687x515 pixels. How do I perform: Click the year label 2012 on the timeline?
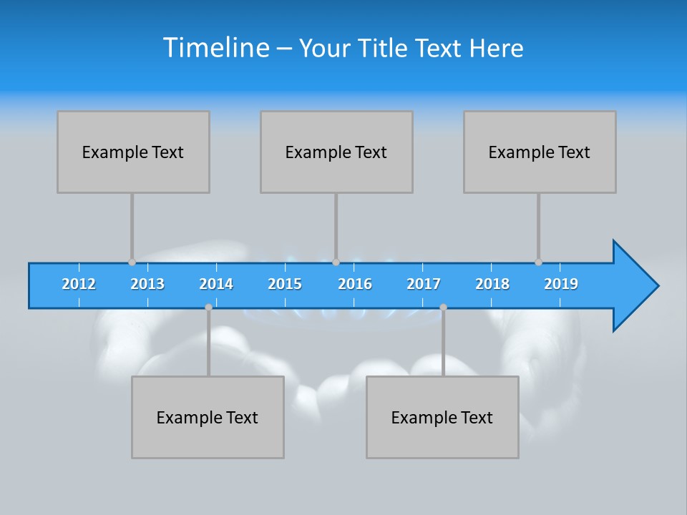pyautogui.click(x=79, y=284)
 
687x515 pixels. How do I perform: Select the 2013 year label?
pyautogui.click(x=147, y=284)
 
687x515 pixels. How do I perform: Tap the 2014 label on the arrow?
pyautogui.click(x=216, y=284)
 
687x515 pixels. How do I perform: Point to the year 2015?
pyautogui.click(x=285, y=284)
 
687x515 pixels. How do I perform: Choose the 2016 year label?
pyautogui.click(x=355, y=284)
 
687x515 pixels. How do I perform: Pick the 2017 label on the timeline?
pyautogui.click(x=424, y=284)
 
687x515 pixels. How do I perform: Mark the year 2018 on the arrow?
pyautogui.click(x=492, y=284)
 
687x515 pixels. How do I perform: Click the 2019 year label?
pyautogui.click(x=561, y=284)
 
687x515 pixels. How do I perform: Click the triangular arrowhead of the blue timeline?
pyautogui.click(x=633, y=286)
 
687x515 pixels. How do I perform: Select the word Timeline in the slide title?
pyautogui.click(x=215, y=48)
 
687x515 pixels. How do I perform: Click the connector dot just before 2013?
pyautogui.click(x=132, y=262)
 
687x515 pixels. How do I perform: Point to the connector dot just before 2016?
pyautogui.click(x=336, y=262)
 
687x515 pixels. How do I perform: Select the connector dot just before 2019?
pyautogui.click(x=538, y=262)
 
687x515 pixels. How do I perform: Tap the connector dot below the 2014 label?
pyautogui.click(x=208, y=307)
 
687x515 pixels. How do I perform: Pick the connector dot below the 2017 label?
pyautogui.click(x=443, y=307)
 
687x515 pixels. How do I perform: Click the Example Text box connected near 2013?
pyautogui.click(x=133, y=152)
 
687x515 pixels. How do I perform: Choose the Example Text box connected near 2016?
pyautogui.click(x=336, y=152)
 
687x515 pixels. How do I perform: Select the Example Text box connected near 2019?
pyautogui.click(x=540, y=152)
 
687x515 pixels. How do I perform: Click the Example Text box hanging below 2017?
pyautogui.click(x=442, y=417)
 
